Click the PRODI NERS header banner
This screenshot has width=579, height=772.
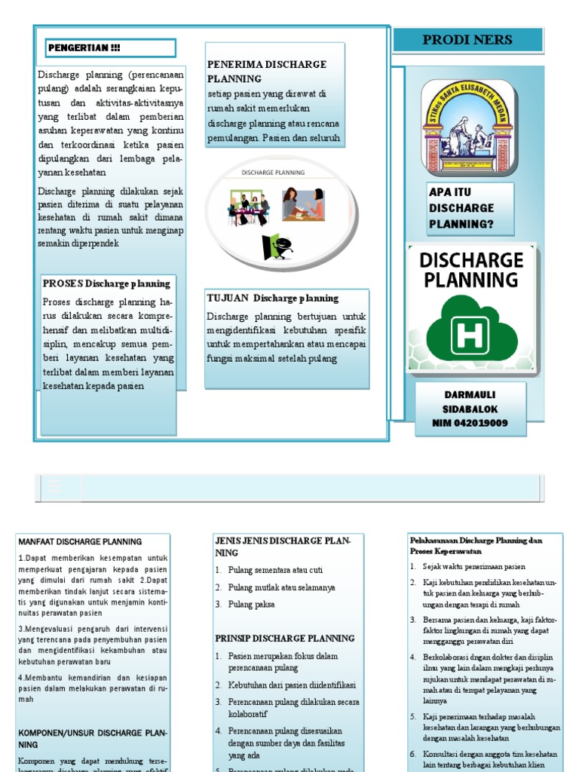point(467,40)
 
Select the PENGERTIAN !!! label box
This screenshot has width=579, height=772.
point(110,48)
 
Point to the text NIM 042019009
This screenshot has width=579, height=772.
point(470,423)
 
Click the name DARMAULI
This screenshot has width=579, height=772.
point(470,394)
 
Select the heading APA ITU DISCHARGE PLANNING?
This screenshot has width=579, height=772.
point(461,208)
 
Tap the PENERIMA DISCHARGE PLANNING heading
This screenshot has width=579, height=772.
point(266,71)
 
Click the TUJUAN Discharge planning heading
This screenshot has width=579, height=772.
point(272,298)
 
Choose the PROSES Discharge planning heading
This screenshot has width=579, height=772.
point(106,283)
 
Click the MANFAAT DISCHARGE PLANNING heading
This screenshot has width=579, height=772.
point(79,541)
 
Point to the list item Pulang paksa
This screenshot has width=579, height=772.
point(254,605)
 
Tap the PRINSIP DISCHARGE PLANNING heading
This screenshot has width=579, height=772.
point(284,639)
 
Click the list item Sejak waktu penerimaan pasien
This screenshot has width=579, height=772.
point(474,566)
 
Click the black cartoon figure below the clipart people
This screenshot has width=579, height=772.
point(276,247)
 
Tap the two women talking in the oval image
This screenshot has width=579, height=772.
point(303,204)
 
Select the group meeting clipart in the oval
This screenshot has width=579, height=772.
point(249,209)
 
